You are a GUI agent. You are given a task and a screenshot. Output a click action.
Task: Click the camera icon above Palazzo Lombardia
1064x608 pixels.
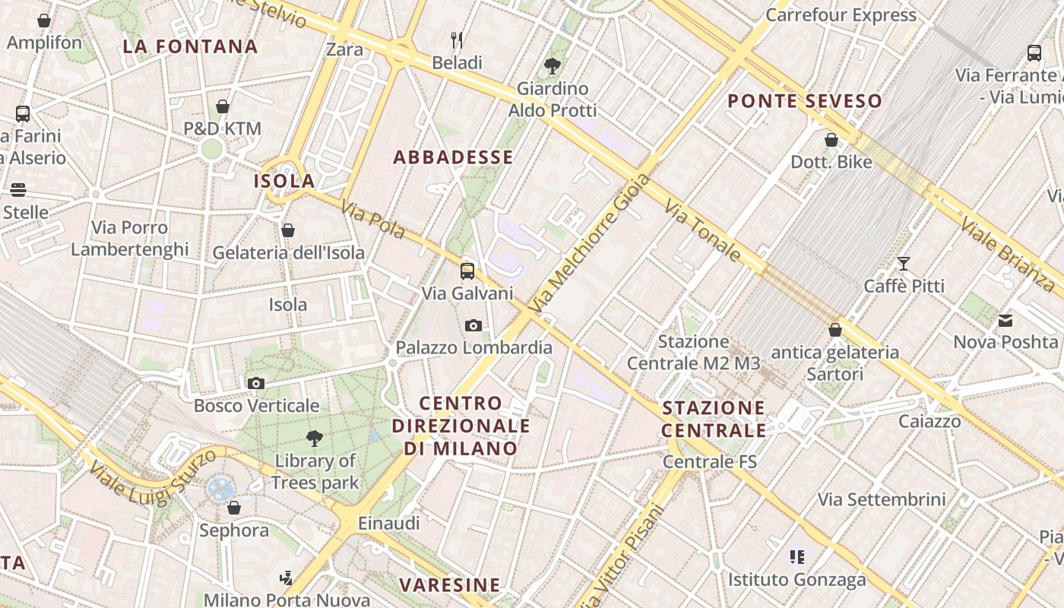click(x=473, y=326)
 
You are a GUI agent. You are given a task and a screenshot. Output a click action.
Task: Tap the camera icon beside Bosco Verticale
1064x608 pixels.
click(x=256, y=384)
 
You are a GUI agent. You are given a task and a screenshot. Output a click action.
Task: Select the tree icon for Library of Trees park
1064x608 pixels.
click(x=314, y=439)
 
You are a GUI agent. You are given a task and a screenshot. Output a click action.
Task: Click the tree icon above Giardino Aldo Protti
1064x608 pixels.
click(x=553, y=66)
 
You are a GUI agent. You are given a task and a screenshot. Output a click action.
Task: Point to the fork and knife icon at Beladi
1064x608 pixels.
click(x=457, y=40)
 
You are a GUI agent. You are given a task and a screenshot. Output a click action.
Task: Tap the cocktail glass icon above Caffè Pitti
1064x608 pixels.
click(x=904, y=264)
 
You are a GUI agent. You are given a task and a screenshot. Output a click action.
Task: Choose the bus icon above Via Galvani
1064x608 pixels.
click(x=467, y=271)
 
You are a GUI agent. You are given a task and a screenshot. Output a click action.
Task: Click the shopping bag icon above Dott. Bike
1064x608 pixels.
click(x=831, y=140)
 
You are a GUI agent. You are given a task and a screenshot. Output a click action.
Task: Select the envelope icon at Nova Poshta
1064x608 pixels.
click(x=1006, y=321)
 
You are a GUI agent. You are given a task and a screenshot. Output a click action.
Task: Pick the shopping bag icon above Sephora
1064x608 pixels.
click(x=234, y=508)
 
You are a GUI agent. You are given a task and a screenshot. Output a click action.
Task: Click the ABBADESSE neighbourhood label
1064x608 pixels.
click(x=453, y=157)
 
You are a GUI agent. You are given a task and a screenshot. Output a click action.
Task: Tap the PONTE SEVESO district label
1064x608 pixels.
click(x=805, y=101)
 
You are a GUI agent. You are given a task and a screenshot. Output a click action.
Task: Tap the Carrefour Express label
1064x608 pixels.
click(x=841, y=15)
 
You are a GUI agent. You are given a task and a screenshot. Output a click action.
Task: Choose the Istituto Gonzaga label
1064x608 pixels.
click(x=797, y=580)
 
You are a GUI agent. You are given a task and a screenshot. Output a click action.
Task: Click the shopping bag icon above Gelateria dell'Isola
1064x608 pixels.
click(x=288, y=230)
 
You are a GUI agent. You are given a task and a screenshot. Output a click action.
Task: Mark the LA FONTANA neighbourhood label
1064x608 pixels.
click(x=190, y=46)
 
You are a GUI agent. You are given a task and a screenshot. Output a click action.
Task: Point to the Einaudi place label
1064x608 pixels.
click(x=388, y=523)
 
